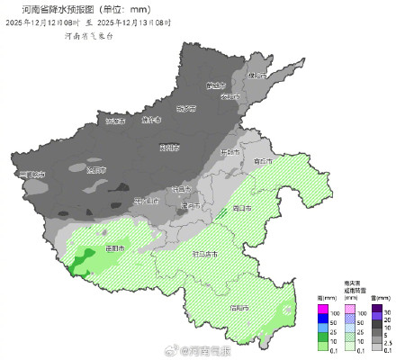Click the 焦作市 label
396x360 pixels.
(150, 119)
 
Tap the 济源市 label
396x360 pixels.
(114, 120)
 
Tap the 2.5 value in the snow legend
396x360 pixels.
(389, 344)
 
